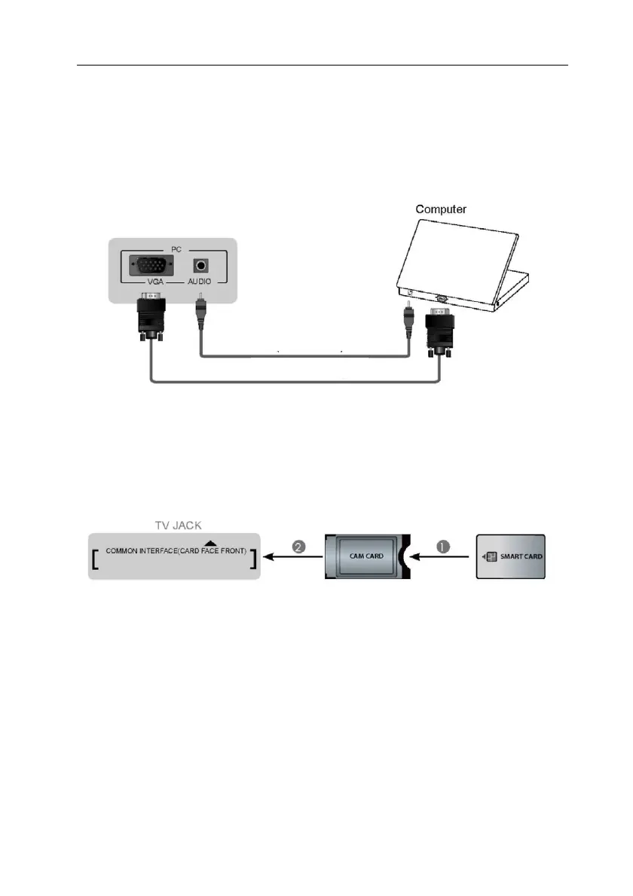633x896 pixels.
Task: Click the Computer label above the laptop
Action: pyautogui.click(x=441, y=209)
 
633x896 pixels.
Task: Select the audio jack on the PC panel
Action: pyautogui.click(x=200, y=266)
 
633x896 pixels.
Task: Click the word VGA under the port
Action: pyautogui.click(x=155, y=282)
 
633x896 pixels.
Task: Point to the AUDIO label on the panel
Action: pyautogui.click(x=200, y=282)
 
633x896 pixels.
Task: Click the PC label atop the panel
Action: pyautogui.click(x=176, y=250)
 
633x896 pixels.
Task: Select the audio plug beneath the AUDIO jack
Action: pyautogui.click(x=200, y=312)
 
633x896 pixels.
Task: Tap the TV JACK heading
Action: pyautogui.click(x=179, y=525)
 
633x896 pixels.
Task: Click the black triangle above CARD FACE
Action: pyautogui.click(x=210, y=543)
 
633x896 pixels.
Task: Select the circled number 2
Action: pyautogui.click(x=299, y=547)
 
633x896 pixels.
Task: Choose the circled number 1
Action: pyautogui.click(x=444, y=547)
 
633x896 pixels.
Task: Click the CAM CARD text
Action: pyautogui.click(x=366, y=556)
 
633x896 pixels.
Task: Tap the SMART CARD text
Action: pyautogui.click(x=521, y=556)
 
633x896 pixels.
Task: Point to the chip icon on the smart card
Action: pyautogui.click(x=491, y=556)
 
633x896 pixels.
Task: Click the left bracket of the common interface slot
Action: pyautogui.click(x=95, y=559)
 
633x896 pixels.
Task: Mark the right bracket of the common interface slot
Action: pyautogui.click(x=252, y=559)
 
